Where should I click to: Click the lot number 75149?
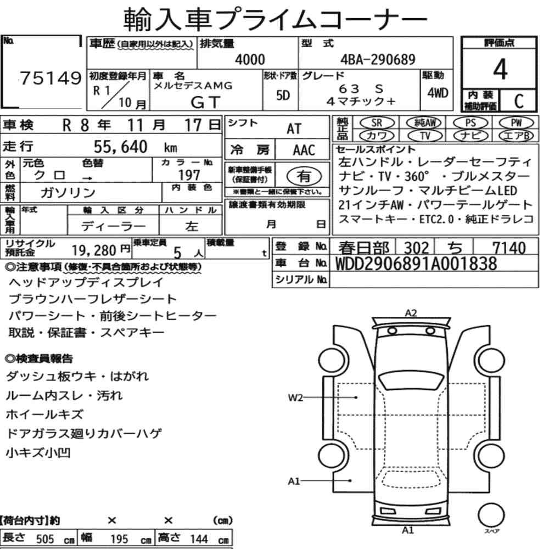point(51,78)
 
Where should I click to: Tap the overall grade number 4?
point(500,69)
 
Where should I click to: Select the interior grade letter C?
point(519,101)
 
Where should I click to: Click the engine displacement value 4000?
point(250,59)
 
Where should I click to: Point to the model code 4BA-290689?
point(378,59)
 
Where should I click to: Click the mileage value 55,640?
point(120,147)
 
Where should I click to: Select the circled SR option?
point(377,123)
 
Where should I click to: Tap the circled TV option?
point(425,136)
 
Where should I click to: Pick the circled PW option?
point(516,123)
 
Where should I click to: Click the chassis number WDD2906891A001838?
point(416,264)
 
